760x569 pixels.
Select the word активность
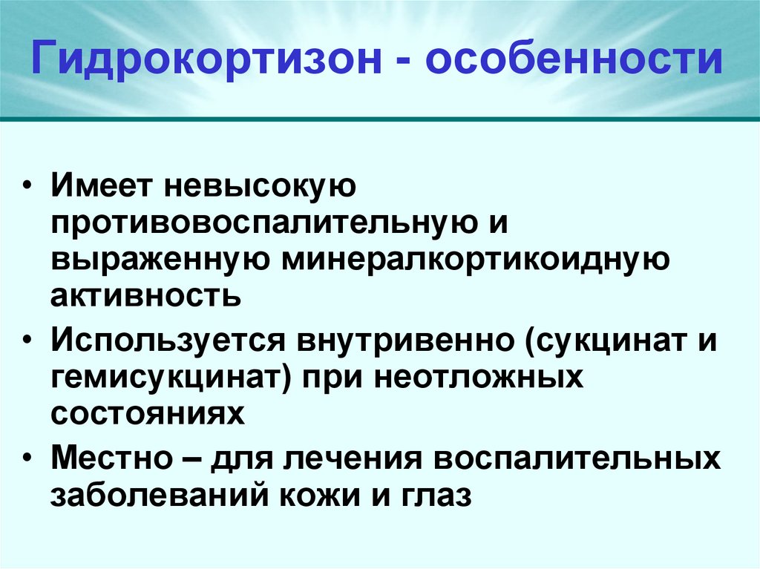(146, 297)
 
